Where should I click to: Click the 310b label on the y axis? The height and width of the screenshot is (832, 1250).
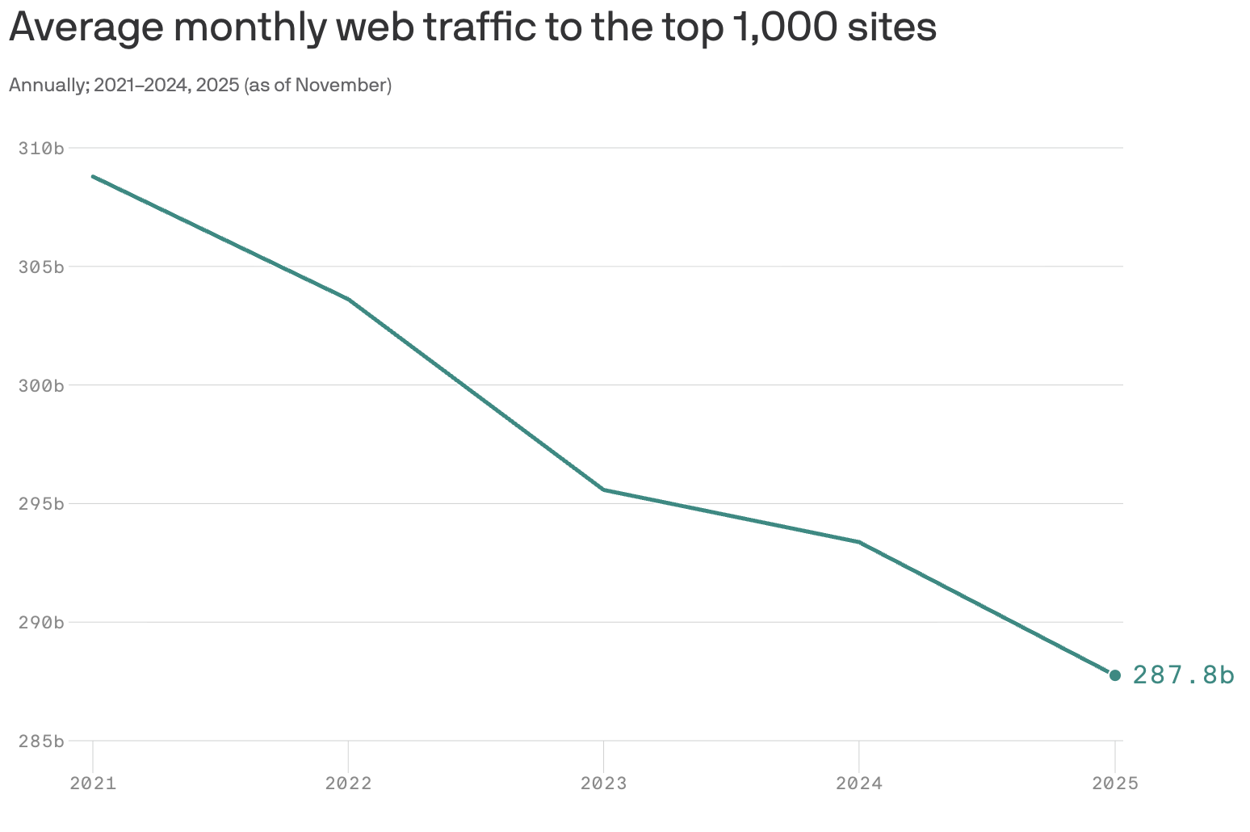41,148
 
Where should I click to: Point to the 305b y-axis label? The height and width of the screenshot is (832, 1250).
41,267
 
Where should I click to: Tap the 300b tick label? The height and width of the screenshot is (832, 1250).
41,385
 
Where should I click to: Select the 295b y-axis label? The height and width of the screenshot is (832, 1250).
41,504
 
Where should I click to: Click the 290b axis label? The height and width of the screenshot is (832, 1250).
41,622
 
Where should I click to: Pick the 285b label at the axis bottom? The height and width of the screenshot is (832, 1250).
41,741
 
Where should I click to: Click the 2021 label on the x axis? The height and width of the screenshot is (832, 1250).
93,783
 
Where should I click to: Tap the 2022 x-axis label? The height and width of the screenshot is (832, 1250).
348,783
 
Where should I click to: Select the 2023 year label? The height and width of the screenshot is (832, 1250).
603,783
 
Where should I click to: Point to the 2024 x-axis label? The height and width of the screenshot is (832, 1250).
859,783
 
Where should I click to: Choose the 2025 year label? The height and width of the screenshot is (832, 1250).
1114,783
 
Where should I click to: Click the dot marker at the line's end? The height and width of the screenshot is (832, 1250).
1115,675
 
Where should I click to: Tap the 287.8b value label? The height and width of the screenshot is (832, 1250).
1183,675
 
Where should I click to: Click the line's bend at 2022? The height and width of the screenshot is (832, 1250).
348,300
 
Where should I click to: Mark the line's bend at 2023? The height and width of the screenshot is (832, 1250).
603,490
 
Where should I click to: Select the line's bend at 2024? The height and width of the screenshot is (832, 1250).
859,542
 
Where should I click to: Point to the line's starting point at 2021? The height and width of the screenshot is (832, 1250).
94,176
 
